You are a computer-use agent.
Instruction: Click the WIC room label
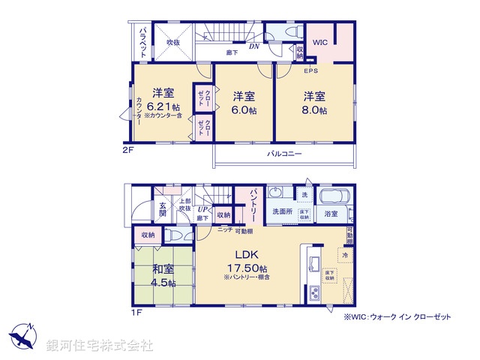(x=320, y=43)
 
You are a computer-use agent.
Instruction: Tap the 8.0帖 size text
(x=315, y=110)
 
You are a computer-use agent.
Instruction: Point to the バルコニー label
(x=285, y=154)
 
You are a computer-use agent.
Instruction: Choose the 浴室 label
(x=331, y=214)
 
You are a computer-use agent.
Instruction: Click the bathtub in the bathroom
(x=335, y=197)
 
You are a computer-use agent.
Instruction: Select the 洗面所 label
(x=282, y=212)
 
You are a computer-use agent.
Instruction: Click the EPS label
(x=310, y=71)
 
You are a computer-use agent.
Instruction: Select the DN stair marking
(x=254, y=45)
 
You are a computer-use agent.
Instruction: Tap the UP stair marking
(x=202, y=209)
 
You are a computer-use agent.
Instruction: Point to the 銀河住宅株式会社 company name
(x=99, y=346)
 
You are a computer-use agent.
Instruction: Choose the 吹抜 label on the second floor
(x=173, y=43)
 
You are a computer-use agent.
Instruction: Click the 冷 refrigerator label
(x=343, y=256)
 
